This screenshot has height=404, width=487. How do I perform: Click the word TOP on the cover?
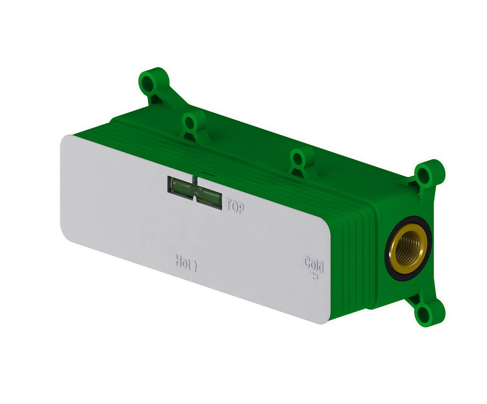click(235, 206)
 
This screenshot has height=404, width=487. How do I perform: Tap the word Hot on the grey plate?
click(183, 262)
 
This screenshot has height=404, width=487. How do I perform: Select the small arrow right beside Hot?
click(195, 266)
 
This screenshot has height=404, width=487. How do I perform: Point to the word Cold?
click(314, 265)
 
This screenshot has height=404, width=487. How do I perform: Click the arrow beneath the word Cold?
click(314, 275)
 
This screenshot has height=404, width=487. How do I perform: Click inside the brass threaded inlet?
click(407, 248)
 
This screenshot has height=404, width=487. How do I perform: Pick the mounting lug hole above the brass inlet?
click(424, 175)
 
